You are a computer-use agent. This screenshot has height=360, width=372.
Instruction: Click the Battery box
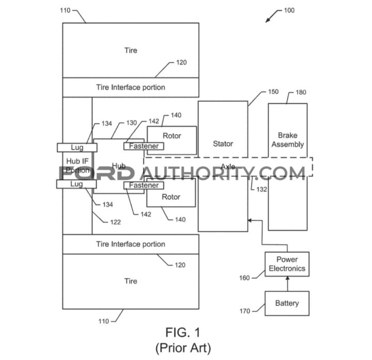coord(287,303)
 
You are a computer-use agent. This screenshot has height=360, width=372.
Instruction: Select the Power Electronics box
coord(287,264)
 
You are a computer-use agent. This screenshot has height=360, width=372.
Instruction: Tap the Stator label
coord(223,144)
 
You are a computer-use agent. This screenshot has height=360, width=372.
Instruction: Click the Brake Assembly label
coord(287,140)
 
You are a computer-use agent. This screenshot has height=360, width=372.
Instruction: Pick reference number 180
coord(301,92)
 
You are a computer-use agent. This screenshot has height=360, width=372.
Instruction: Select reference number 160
coord(244,278)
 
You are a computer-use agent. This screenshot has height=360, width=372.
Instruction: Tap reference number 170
coord(244,311)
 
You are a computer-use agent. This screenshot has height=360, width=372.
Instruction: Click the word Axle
coord(228,166)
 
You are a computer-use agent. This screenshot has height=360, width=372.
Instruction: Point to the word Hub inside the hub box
coord(119,166)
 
